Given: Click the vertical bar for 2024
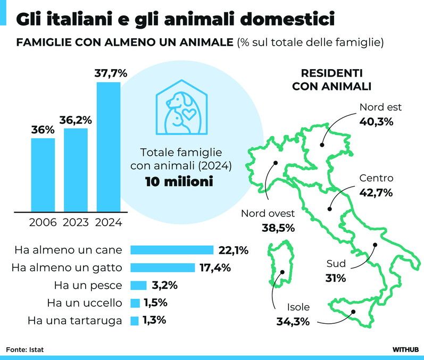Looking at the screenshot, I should (x=108, y=146).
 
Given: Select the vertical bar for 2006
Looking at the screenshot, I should (x=43, y=174).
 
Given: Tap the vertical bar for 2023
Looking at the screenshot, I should (x=76, y=170).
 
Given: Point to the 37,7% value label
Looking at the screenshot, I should (x=111, y=74).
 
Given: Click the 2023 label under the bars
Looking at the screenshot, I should (x=76, y=222).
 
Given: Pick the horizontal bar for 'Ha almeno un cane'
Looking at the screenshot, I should (x=172, y=250).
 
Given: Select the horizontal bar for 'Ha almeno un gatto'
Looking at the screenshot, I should (x=162, y=267).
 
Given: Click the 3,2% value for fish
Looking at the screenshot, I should (x=164, y=285).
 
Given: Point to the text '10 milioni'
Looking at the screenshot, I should (x=179, y=182).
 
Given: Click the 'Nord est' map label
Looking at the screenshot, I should (x=380, y=107).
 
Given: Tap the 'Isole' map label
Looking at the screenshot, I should (x=298, y=307).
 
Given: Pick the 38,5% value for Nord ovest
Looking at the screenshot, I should (x=278, y=228).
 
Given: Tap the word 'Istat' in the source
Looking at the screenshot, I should (x=36, y=349).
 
